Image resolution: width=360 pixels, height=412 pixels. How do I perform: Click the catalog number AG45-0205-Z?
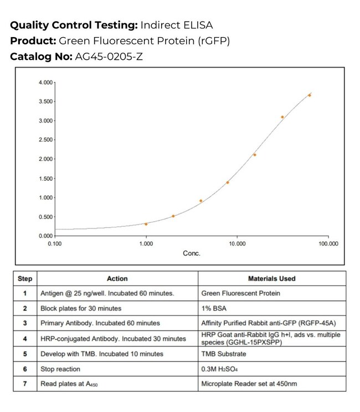[108, 57]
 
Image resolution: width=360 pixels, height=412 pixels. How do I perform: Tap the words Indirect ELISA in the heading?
[177, 26]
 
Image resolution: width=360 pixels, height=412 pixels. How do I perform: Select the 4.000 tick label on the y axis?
[45, 83]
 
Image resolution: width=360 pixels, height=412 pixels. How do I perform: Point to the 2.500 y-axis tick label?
[45, 140]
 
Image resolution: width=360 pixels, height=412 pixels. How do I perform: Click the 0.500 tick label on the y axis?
[45, 217]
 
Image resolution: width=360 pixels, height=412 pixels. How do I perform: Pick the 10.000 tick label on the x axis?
[237, 243]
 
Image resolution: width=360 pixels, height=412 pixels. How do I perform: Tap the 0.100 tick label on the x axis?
[54, 243]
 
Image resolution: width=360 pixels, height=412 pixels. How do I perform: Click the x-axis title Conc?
[192, 253]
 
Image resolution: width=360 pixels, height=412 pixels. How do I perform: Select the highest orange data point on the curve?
[310, 95]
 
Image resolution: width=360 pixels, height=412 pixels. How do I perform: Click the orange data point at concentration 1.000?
[146, 224]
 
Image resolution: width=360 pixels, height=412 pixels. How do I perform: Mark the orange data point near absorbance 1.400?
[228, 182]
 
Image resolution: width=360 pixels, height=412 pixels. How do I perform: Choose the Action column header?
[117, 278]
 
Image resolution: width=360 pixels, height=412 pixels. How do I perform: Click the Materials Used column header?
[271, 278]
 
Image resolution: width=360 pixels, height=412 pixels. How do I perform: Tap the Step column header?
[25, 278]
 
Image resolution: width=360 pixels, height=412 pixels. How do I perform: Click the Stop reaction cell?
[60, 369]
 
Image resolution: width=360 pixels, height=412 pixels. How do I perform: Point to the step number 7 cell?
[25, 384]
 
